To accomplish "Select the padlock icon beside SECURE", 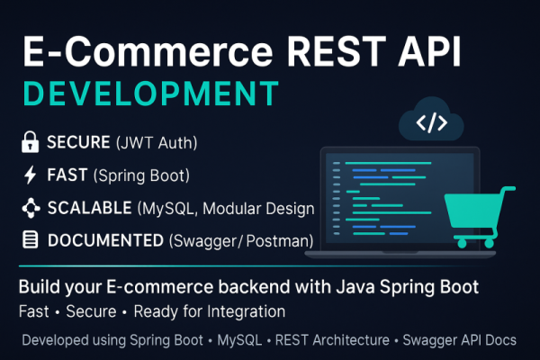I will [30, 142].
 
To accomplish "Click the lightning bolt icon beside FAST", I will [30, 175].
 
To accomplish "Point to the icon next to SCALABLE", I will [30, 208].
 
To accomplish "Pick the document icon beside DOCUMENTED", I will [30, 240].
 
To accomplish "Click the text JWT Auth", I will [158, 142].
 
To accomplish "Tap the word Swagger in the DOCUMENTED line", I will [210, 240].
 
